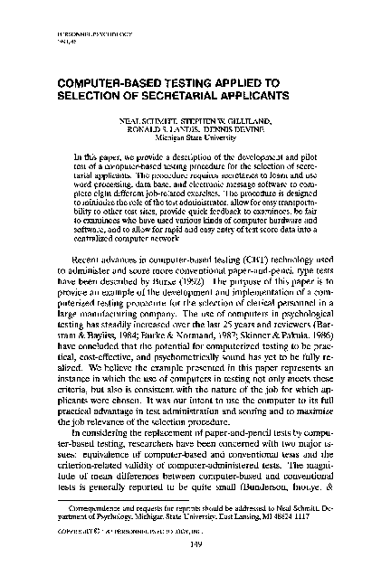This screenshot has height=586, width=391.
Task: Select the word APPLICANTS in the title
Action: point(236,93)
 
